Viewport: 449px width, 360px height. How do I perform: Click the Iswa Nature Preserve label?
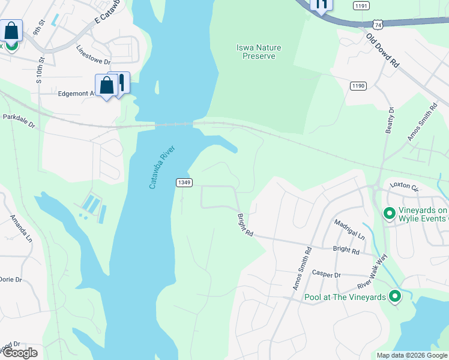pos(259,52)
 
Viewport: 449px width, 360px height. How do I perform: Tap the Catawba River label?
pos(157,174)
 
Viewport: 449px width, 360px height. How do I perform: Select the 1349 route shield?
pos(184,182)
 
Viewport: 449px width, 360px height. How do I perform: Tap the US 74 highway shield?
pos(377,25)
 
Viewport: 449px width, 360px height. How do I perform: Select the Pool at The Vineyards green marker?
pos(394,296)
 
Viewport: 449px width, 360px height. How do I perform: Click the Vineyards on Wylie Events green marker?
pos(389,213)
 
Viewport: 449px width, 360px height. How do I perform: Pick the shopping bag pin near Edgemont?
pos(106,86)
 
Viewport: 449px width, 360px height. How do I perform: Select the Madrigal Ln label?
pos(350,228)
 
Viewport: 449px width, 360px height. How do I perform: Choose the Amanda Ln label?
pos(20,229)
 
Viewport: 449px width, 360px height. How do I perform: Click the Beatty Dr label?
pos(390,120)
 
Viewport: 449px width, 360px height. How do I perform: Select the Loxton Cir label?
pos(404,186)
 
